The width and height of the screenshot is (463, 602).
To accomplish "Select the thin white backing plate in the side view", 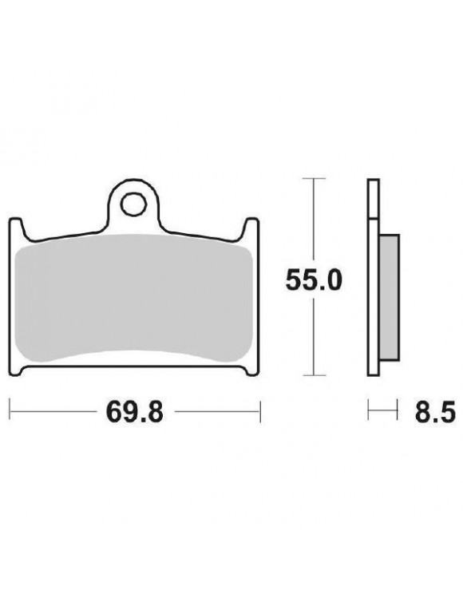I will [372, 279].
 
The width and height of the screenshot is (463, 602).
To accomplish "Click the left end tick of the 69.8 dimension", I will [10, 414].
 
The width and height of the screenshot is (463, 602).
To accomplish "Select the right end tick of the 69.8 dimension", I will [261, 414].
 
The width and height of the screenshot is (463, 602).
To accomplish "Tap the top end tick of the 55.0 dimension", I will [315, 176].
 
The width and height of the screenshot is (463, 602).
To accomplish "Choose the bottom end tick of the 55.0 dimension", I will [315, 376].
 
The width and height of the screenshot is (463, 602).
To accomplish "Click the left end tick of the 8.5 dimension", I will [368, 414].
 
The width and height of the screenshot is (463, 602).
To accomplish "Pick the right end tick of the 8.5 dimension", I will [397, 414].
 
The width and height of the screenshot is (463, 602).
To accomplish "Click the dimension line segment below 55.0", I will [315, 335].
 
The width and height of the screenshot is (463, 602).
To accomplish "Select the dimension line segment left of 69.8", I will [48, 414].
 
